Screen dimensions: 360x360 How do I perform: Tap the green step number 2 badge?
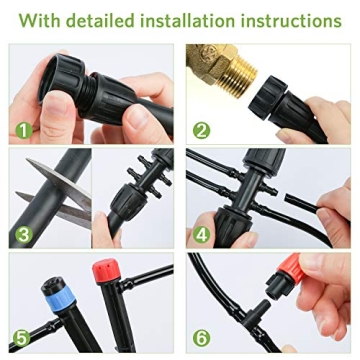[202, 128]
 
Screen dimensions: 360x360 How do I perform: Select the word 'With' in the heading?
[38, 20]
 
